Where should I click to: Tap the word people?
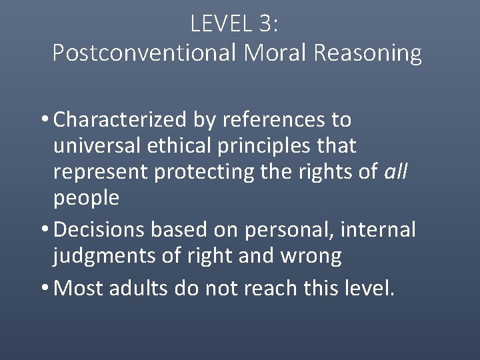86,197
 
